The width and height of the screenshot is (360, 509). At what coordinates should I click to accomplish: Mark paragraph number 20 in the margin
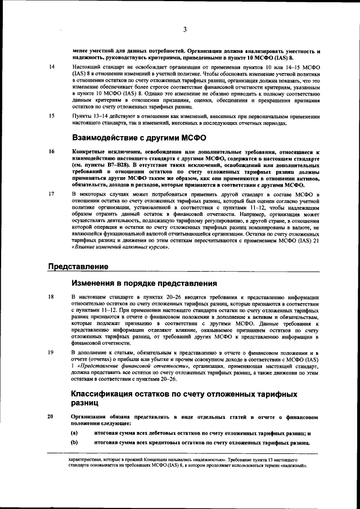pyautogui.click(x=51, y=416)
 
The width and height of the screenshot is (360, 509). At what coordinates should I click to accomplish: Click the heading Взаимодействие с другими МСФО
pyautogui.click(x=139, y=137)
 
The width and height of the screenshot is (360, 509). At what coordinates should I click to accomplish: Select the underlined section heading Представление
pyautogui.click(x=78, y=266)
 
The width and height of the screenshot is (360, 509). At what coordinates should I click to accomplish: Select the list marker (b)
pyautogui.click(x=74, y=443)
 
